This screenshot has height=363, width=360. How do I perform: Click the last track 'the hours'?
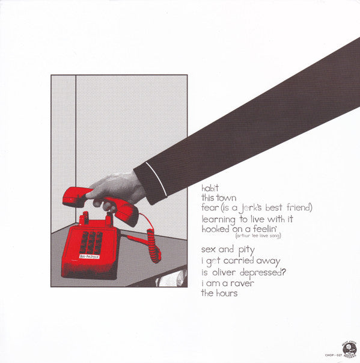point(221,293)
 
